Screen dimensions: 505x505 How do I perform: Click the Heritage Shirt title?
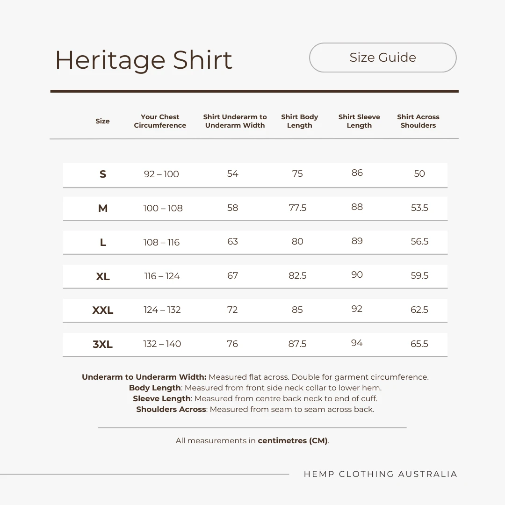click(144, 60)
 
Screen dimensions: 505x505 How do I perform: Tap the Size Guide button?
click(382, 58)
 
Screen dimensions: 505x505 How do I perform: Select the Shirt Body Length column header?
click(299, 121)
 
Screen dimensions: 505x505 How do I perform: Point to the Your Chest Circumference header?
click(160, 121)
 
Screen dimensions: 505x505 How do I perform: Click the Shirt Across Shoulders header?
click(418, 121)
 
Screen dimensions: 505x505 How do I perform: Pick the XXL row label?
click(103, 310)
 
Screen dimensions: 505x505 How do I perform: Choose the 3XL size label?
click(103, 344)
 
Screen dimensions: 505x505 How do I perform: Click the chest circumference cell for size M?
click(163, 208)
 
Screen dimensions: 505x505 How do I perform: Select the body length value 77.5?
click(297, 208)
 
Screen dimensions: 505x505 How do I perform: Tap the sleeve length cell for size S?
click(357, 173)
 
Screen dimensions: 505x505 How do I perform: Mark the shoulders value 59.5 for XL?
click(419, 275)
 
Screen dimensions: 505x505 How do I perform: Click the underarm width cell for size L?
click(232, 242)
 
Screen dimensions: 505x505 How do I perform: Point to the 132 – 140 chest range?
click(162, 344)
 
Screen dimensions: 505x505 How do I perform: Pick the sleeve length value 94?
click(357, 343)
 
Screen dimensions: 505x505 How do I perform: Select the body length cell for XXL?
click(297, 310)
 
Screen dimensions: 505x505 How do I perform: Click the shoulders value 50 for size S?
click(419, 173)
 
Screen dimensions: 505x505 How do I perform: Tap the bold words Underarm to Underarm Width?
click(144, 377)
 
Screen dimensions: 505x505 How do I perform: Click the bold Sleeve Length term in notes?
click(162, 398)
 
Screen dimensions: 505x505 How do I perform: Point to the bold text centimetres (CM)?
click(293, 440)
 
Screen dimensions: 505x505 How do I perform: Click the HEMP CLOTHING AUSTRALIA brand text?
click(380, 474)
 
